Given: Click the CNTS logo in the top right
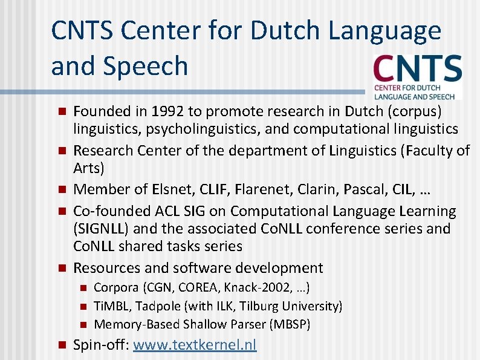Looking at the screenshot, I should pyautogui.click(x=418, y=76).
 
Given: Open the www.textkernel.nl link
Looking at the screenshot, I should pyautogui.click(x=195, y=345).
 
